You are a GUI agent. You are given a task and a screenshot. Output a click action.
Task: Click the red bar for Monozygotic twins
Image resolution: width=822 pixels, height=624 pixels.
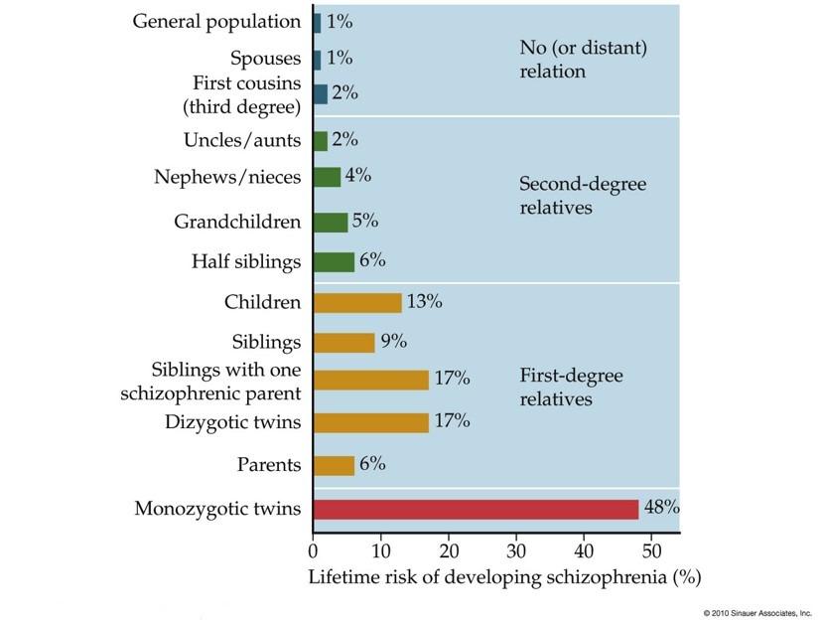pos(476,509)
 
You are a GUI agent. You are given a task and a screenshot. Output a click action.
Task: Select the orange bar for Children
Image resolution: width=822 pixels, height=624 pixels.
pos(357,302)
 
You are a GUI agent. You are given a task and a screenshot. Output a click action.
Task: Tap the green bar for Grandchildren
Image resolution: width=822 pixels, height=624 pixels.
pos(331,222)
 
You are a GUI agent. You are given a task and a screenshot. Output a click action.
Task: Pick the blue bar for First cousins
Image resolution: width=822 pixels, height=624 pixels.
pos(320,94)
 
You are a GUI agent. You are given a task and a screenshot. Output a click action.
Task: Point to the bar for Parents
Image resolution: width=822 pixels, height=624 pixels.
pos(334,465)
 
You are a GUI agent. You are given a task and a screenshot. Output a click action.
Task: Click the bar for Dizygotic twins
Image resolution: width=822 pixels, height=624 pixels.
pos(371,422)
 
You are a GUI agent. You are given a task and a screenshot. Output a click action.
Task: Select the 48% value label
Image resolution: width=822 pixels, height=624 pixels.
pos(662,508)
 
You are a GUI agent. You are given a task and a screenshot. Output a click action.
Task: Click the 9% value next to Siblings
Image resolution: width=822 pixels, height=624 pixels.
pos(395,342)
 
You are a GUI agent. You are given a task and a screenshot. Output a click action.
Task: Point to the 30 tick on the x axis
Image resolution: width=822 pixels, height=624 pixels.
pos(516,547)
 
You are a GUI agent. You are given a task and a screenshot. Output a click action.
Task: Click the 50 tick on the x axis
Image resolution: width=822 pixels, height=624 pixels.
pos(651,547)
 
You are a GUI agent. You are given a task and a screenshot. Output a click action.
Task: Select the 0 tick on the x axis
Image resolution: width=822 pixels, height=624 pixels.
pos(314,547)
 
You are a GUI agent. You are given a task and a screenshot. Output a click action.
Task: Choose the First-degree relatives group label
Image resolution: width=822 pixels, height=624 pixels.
pos(570,387)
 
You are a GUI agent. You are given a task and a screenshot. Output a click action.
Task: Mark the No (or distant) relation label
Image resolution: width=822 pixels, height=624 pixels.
pos(566,59)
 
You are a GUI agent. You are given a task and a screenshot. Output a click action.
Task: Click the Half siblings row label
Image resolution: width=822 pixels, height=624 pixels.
pos(246,261)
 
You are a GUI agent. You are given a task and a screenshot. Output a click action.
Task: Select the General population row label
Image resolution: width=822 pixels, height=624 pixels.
pos(216,21)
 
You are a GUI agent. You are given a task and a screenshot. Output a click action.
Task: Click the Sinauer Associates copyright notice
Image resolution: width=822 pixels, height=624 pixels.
pos(757,612)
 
